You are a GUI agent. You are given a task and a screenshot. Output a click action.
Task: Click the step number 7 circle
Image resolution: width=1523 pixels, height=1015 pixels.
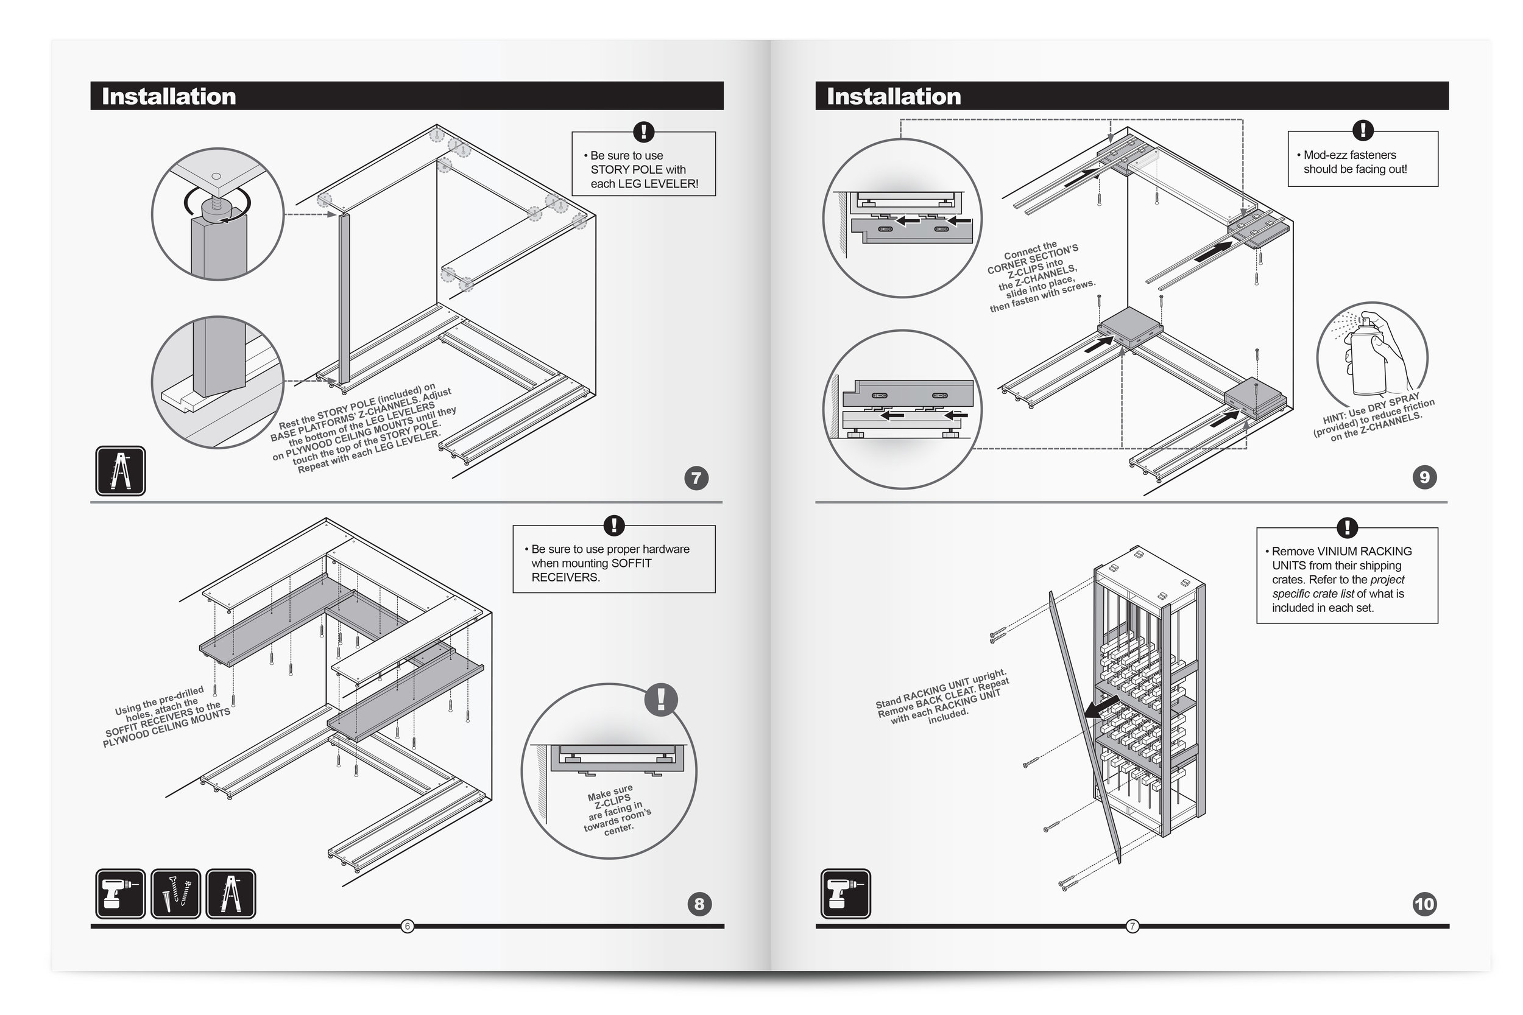[x=696, y=479]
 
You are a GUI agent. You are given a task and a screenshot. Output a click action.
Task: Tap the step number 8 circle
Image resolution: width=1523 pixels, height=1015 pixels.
[x=699, y=904]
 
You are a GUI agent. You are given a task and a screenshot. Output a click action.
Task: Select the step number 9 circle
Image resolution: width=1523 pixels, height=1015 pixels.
[x=1424, y=477]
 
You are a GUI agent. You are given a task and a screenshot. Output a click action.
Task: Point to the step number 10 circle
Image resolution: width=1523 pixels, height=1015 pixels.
[x=1424, y=904]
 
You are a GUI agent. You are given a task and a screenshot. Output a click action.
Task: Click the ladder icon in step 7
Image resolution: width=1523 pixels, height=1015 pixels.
[x=121, y=471]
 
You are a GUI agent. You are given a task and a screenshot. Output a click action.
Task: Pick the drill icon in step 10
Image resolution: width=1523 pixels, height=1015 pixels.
[x=845, y=893]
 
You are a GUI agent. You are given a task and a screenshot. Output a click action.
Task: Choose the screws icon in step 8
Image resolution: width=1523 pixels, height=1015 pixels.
[x=175, y=893]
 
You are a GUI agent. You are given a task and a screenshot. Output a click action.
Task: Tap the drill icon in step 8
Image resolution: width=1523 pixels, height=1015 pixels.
[x=121, y=893]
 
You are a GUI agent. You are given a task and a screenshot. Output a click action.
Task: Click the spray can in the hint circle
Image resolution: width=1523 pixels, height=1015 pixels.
[x=1368, y=356]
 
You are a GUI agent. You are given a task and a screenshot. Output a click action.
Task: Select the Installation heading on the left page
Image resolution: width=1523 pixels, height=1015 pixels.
[x=168, y=96]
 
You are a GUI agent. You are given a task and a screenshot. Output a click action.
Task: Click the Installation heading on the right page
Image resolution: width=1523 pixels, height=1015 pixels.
[x=894, y=96]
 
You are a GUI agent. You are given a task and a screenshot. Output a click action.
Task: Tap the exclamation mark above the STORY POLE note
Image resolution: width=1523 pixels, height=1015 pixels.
[x=643, y=132]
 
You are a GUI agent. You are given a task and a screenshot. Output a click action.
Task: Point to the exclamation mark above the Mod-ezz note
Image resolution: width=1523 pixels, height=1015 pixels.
[x=1362, y=130]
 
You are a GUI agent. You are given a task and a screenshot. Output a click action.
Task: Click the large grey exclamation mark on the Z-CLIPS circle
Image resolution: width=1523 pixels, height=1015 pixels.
[x=660, y=699]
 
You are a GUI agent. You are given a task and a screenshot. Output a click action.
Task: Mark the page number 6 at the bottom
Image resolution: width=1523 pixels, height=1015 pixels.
[x=408, y=926]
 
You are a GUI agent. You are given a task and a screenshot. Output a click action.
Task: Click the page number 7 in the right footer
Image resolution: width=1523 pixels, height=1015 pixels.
[x=1132, y=926]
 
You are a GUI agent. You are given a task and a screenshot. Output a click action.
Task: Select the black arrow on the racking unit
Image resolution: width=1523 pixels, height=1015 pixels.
[x=1101, y=707]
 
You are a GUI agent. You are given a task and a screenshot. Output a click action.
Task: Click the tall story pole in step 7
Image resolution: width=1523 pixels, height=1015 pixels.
[x=344, y=298]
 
